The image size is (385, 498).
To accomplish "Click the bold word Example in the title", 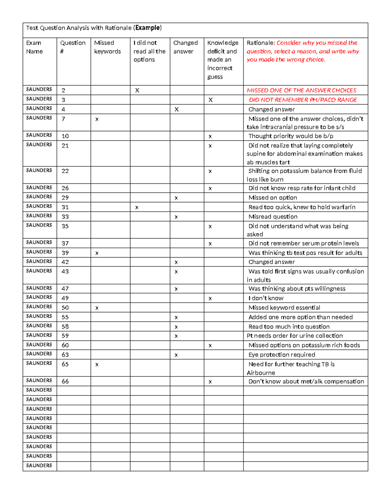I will (x=148, y=28).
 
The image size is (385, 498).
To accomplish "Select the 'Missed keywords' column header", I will (x=107, y=47).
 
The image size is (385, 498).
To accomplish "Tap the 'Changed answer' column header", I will (x=185, y=47).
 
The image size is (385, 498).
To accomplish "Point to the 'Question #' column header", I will (x=73, y=47).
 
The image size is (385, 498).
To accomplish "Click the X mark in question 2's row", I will (x=137, y=90).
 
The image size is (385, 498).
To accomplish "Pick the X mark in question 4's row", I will (x=176, y=109).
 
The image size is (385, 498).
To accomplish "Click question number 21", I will (x=65, y=146).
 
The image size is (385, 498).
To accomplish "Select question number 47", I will (x=65, y=289).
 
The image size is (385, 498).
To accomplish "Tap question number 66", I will (x=65, y=381).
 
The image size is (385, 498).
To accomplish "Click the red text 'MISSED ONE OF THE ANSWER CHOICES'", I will (x=302, y=90).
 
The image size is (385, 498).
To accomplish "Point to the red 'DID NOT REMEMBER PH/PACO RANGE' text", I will (x=303, y=100).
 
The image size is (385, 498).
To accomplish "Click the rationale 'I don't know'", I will (x=266, y=298).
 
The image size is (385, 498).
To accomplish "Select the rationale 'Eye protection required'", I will (x=282, y=355).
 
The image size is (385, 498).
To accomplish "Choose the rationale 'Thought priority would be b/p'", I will (x=291, y=136).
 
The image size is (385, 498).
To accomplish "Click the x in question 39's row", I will (x=97, y=253).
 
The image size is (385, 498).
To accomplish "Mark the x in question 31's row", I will (x=137, y=207).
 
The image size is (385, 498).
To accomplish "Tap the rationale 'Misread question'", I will (x=273, y=217).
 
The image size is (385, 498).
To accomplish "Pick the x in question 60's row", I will (x=210, y=346).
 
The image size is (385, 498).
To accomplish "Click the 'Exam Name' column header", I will (x=34, y=47).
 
